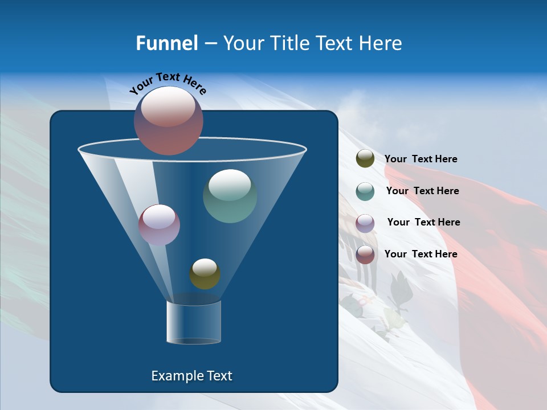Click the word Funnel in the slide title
166,43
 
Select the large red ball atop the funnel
169,120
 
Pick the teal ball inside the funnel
230,196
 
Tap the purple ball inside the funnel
159,225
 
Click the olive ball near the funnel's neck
205,274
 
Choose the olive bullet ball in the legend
365,159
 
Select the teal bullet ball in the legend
365,191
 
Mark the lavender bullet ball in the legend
365,223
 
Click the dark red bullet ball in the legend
365,255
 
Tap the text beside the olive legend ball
421,159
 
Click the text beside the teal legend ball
422,191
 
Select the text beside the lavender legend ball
423,223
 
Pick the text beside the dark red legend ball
421,255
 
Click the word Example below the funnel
177,376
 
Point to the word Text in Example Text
219,376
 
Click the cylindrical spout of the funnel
193,323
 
